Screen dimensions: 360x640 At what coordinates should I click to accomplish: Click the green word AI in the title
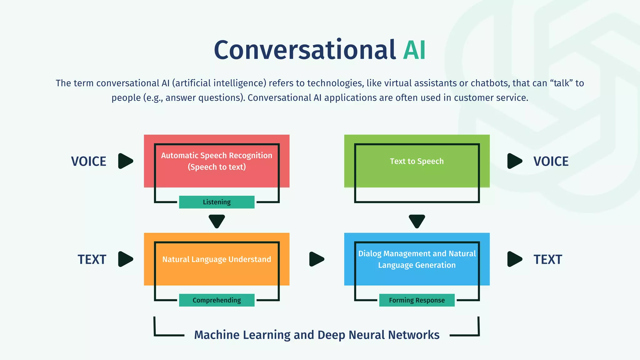[414, 50]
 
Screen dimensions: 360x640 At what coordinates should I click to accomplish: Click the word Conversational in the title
[305, 50]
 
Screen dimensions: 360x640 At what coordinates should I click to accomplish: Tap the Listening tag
[217, 202]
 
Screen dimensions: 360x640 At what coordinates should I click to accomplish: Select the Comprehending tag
[217, 300]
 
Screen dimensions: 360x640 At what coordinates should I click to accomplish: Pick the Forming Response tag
[417, 300]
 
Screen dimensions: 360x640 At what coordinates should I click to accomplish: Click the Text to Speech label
[417, 161]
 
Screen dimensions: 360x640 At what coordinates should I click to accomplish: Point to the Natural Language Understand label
[217, 259]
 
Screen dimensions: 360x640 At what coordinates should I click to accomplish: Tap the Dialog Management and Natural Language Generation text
[417, 259]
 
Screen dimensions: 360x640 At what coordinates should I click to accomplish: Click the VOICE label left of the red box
[89, 162]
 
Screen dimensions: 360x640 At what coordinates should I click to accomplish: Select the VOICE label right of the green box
[551, 162]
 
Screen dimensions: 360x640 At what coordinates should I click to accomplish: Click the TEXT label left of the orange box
[92, 260]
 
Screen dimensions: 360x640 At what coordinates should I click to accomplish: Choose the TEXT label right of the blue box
[547, 260]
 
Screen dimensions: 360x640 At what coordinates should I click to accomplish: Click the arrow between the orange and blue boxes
[316, 259]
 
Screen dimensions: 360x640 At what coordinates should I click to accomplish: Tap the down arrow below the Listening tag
[217, 221]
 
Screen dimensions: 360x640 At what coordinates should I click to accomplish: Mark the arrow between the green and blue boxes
[417, 221]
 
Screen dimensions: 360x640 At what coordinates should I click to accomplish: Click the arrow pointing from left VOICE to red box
[125, 161]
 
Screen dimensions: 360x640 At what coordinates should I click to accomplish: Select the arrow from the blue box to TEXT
[514, 259]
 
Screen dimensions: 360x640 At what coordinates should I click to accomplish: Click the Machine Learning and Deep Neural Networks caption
[317, 335]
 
